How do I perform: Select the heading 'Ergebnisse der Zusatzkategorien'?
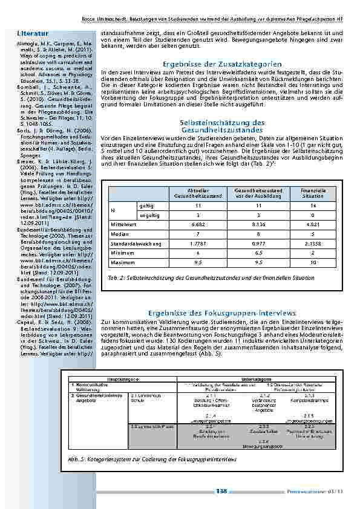[x=222, y=63]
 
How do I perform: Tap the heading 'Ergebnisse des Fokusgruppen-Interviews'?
[x=222, y=313]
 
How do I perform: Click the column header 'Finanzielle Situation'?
[x=313, y=193]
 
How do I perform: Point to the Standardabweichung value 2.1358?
[x=313, y=244]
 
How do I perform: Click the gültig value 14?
[x=313, y=205]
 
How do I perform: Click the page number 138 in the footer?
[x=223, y=491]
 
